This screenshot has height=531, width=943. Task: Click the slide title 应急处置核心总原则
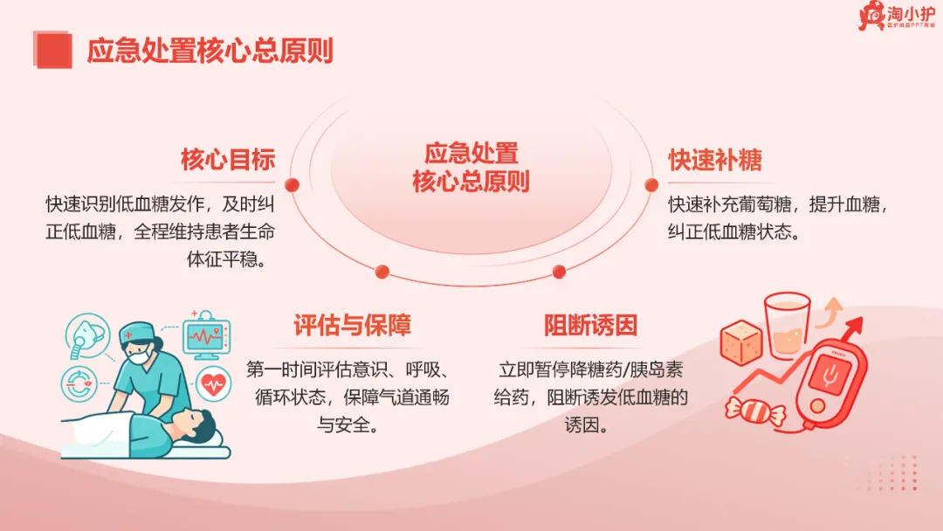[210, 51]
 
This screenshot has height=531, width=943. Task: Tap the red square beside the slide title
[53, 50]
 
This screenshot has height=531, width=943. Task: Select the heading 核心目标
[228, 159]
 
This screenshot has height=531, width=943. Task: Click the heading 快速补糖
[715, 160]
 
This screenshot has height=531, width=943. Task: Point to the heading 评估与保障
[353, 326]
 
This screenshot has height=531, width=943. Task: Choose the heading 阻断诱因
[590, 326]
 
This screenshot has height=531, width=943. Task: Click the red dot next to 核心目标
[293, 185]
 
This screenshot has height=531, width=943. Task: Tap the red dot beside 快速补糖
[651, 185]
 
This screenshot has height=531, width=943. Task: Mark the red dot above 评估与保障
[382, 272]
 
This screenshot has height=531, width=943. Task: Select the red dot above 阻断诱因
[559, 272]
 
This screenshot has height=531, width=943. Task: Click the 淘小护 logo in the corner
[897, 16]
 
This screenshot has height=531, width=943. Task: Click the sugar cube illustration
[741, 342]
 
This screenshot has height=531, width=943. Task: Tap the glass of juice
[788, 326]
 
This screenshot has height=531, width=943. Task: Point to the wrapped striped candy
[755, 411]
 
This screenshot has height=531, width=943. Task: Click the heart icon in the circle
[214, 383]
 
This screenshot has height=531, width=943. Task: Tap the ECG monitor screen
[205, 337]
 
